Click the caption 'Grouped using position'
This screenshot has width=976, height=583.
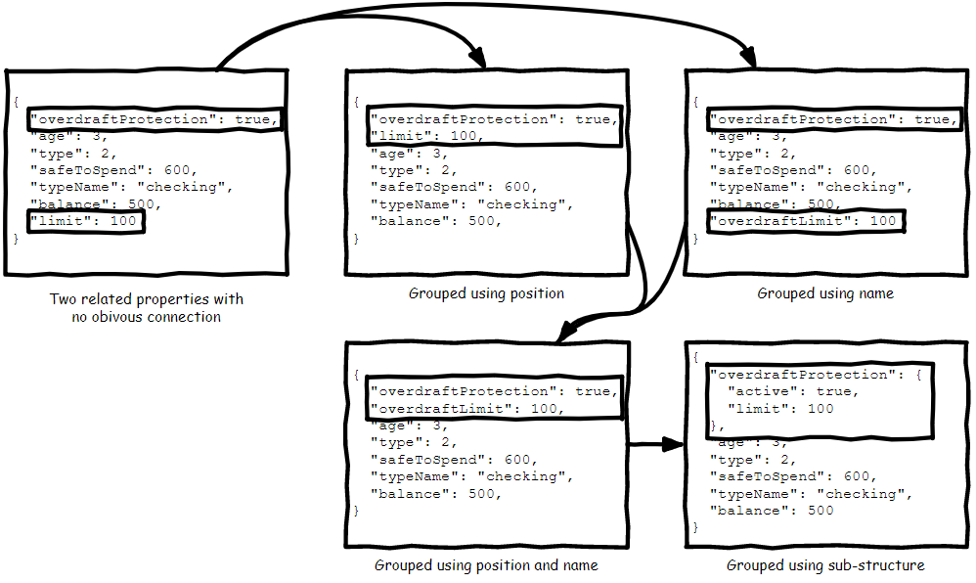coord(486,292)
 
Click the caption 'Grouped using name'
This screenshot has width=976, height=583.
coord(825,292)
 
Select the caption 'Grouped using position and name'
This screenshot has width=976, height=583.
coord(486,565)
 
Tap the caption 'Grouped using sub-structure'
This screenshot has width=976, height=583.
coord(825,565)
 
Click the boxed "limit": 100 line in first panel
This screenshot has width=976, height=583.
coord(86,222)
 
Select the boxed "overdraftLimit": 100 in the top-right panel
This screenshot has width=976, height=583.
coord(806,222)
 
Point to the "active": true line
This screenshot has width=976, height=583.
coord(793,391)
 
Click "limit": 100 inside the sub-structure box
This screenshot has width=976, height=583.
coord(782,408)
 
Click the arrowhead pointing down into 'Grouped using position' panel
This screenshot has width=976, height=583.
coord(477,59)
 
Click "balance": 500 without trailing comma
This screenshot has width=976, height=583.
coord(773,511)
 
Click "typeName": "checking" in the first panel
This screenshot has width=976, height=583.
coord(133,187)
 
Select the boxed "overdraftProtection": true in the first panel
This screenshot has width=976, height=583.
coord(154,119)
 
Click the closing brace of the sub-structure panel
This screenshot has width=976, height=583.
coord(696,527)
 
